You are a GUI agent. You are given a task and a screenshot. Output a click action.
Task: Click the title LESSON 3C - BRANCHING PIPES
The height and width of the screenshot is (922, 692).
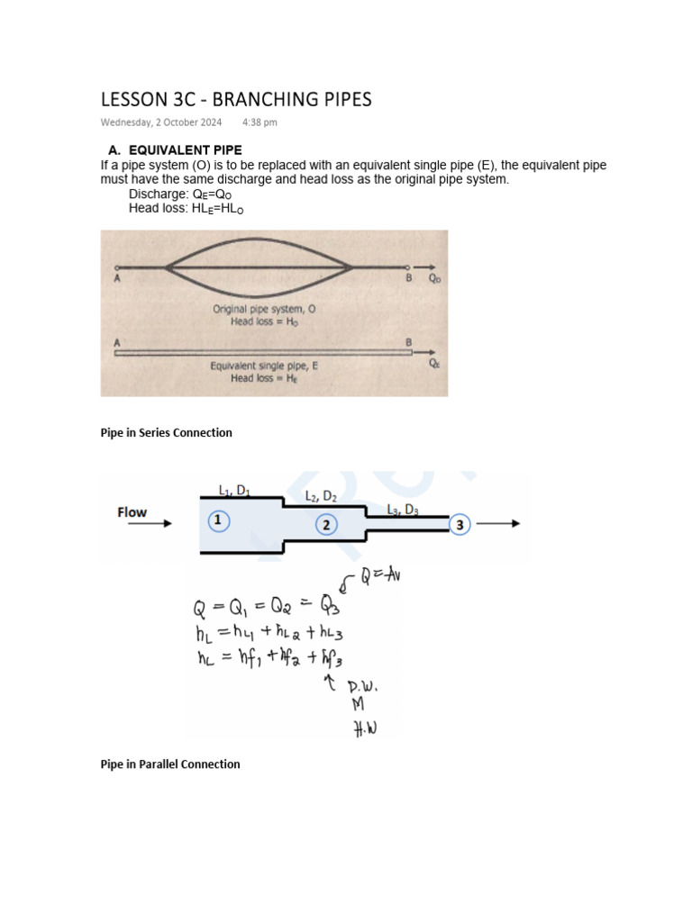pos(235,100)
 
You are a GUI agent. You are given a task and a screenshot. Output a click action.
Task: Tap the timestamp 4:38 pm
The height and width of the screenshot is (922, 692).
pos(259,122)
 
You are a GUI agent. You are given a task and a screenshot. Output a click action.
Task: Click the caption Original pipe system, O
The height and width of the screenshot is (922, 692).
pos(263,309)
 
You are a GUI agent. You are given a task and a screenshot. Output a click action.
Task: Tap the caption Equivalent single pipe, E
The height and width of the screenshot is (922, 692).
pos(262,366)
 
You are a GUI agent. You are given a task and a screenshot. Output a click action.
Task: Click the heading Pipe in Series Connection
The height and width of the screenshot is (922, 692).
pos(166,432)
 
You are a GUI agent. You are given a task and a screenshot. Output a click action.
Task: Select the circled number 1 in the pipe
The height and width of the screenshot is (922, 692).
pos(219,521)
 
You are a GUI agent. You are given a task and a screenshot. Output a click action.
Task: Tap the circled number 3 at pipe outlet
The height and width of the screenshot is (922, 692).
pos(460,525)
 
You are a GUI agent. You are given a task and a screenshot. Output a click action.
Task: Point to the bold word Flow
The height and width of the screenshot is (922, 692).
pos(132,512)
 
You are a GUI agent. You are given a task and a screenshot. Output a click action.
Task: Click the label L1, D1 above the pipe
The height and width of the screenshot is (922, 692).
pos(234,490)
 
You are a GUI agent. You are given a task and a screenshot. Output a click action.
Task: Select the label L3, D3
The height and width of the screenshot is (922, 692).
pos(403,509)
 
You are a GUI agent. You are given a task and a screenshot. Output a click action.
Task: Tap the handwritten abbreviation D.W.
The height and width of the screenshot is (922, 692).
pos(363,688)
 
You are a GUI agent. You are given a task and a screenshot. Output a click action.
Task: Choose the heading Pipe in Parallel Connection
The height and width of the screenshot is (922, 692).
pos(169,764)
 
